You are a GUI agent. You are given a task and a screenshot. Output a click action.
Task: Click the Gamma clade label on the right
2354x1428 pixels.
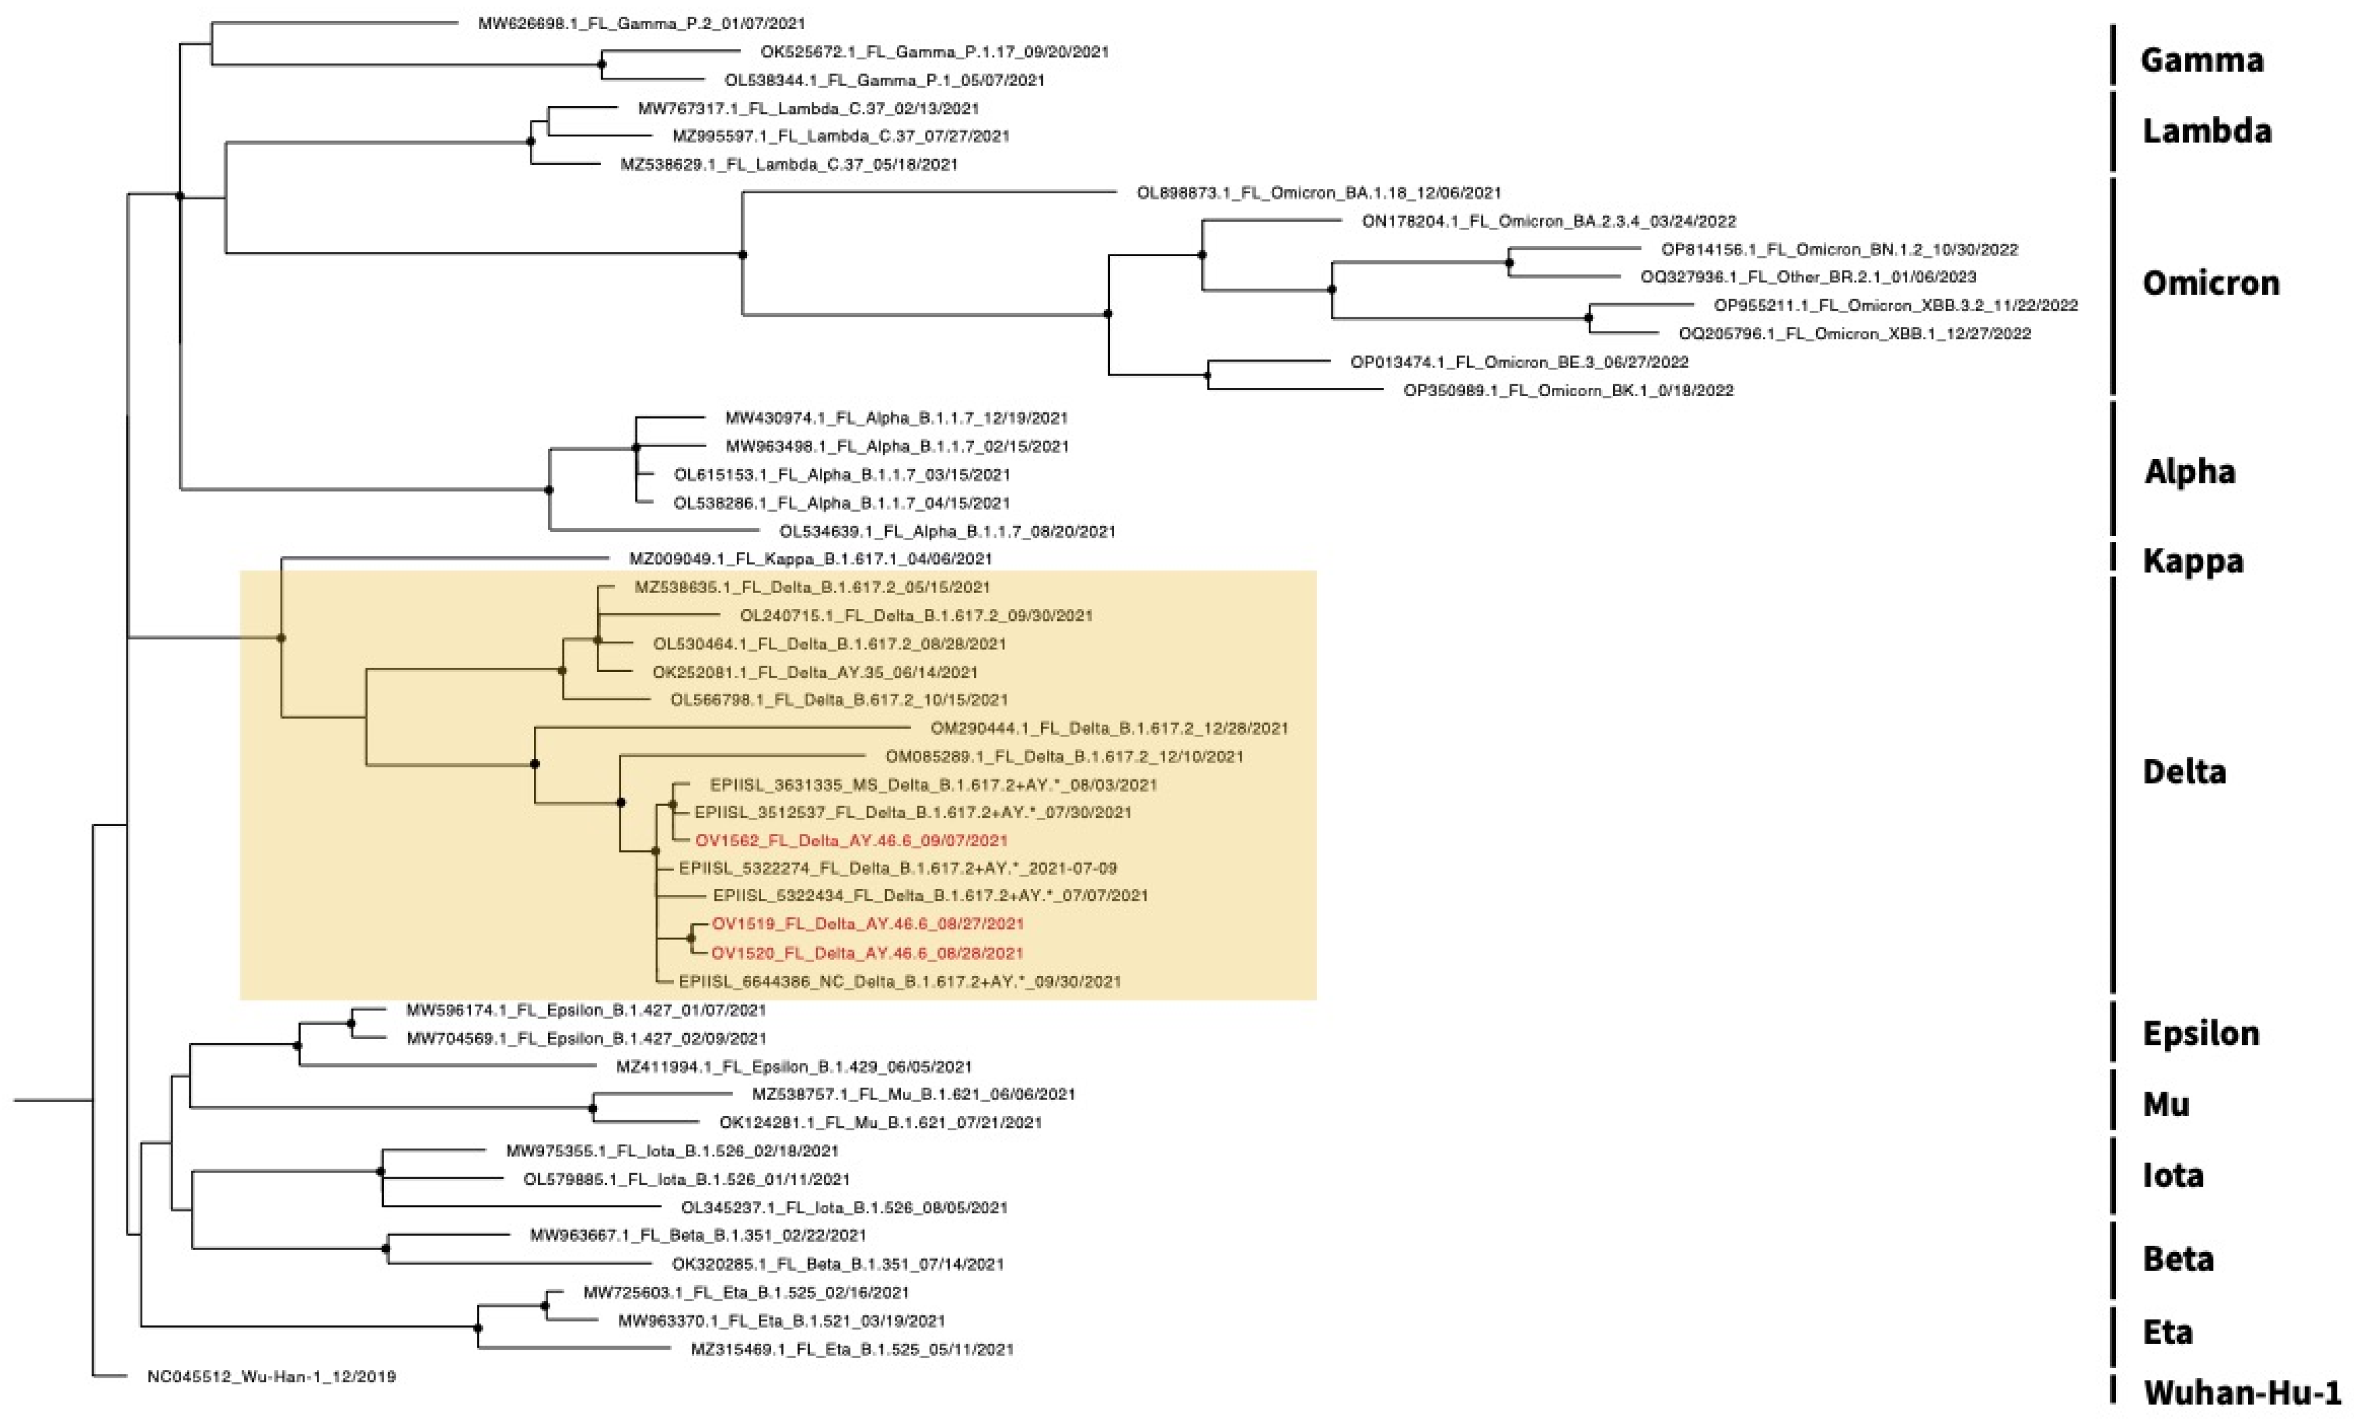2201,60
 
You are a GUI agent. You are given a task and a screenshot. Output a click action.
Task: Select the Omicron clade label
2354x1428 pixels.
2210,283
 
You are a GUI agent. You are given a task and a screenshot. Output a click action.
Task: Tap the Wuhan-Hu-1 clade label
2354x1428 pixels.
2241,1392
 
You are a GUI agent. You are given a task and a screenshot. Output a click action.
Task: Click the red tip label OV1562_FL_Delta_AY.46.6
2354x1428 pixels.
850,840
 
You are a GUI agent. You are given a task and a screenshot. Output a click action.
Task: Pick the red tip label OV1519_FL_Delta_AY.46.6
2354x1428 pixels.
867,924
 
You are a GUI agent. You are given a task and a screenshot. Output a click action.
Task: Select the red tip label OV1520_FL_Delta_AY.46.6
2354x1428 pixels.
867,952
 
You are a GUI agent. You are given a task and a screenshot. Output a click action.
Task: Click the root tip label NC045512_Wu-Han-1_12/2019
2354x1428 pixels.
271,1376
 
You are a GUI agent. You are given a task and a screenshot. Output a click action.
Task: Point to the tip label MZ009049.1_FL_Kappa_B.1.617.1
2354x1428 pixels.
810,559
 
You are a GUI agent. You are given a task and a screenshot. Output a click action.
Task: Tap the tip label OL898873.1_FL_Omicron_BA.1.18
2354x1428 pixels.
1318,193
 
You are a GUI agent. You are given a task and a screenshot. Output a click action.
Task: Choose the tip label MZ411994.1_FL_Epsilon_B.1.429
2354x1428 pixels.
793,1066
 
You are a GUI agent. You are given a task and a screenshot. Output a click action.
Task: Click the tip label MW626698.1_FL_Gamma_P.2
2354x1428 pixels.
641,23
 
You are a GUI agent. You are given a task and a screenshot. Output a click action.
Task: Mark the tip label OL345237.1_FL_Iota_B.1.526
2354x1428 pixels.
844,1207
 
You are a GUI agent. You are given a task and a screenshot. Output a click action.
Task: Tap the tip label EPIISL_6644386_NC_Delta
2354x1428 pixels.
899,981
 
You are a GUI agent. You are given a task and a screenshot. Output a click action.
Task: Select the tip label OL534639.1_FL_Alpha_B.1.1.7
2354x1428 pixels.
947,531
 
